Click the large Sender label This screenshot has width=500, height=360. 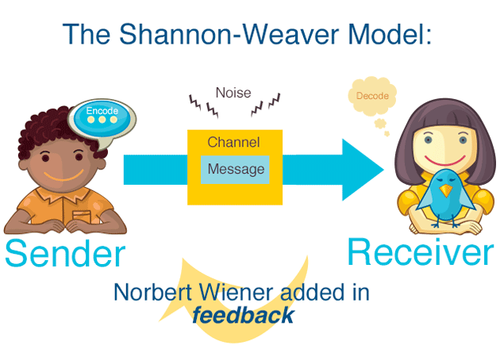65,254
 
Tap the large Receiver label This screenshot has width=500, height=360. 420,252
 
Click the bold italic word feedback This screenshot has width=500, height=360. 243,316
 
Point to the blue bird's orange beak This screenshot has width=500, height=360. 445,191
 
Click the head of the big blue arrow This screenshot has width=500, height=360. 365,169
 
